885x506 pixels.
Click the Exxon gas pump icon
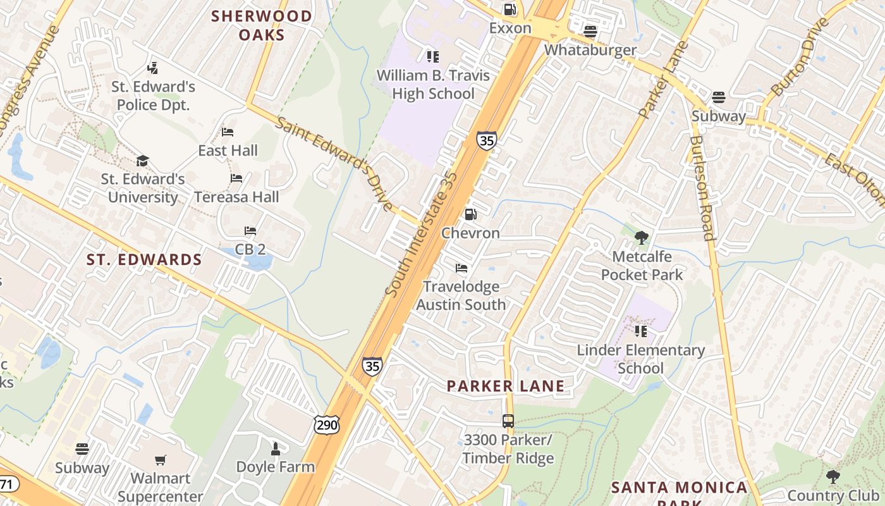click(x=510, y=9)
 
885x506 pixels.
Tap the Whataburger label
click(x=590, y=49)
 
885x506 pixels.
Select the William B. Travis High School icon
click(x=433, y=57)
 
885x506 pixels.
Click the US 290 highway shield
click(x=327, y=425)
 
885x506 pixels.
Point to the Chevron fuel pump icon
click(x=470, y=214)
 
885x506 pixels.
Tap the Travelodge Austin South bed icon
click(x=461, y=268)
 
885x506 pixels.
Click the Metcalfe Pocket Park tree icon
click(x=642, y=238)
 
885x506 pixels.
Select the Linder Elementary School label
click(x=641, y=359)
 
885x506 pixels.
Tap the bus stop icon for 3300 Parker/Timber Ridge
click(x=508, y=421)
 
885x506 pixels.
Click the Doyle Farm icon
click(x=275, y=449)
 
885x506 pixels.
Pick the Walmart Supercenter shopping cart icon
click(x=161, y=460)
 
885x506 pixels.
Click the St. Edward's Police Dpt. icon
click(x=152, y=68)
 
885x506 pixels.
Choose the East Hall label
click(x=228, y=151)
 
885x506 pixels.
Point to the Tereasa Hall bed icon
click(x=236, y=178)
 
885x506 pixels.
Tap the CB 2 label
click(x=250, y=249)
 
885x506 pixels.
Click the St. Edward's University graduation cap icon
click(x=143, y=161)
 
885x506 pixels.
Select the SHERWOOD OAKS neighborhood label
click(x=262, y=25)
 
